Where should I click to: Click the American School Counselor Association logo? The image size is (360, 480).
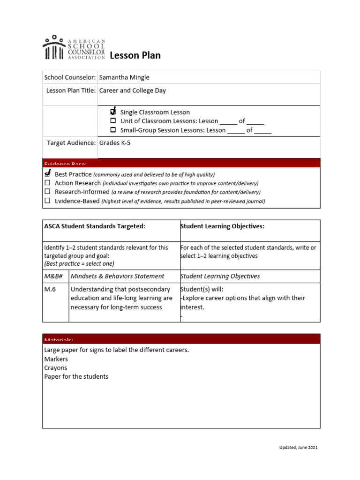74,47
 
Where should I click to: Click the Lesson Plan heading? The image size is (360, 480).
135,56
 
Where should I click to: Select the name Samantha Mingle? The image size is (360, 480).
124,77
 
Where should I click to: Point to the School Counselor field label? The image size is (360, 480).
70,77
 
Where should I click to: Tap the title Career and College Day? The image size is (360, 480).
133,90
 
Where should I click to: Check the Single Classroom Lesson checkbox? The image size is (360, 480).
113,112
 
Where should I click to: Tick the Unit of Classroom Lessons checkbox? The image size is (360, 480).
113,121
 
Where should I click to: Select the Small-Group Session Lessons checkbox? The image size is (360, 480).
113,130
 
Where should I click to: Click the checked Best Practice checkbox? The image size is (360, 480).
47,174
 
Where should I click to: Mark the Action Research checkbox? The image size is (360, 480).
47,183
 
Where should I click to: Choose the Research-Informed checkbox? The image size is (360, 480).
47,192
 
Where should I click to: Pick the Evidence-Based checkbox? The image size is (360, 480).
47,201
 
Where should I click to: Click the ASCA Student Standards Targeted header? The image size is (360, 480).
95,226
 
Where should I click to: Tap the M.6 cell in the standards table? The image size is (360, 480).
50,290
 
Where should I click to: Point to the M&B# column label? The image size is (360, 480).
53,276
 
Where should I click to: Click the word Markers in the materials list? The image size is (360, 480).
56,359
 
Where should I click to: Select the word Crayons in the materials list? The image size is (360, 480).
56,368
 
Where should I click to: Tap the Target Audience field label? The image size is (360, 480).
71,143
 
